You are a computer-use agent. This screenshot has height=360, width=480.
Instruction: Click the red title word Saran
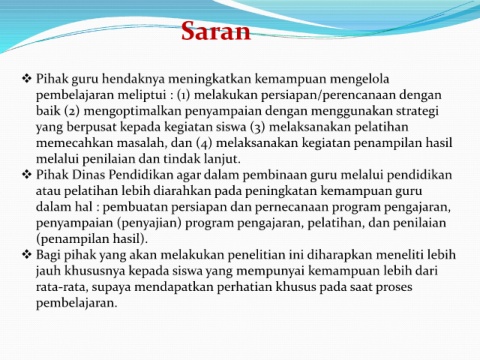(x=216, y=31)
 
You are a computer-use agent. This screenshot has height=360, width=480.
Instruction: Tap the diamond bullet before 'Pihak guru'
(x=27, y=79)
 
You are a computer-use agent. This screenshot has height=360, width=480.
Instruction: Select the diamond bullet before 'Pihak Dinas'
(x=27, y=175)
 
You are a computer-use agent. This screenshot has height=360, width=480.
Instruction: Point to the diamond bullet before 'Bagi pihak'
(x=27, y=255)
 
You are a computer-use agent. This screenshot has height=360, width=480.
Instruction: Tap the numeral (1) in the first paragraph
(x=183, y=96)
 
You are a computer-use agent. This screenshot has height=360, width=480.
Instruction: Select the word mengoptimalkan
(x=132, y=112)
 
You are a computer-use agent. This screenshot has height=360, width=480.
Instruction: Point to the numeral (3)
(x=257, y=128)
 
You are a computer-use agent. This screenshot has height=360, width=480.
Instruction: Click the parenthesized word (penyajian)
(x=149, y=224)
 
